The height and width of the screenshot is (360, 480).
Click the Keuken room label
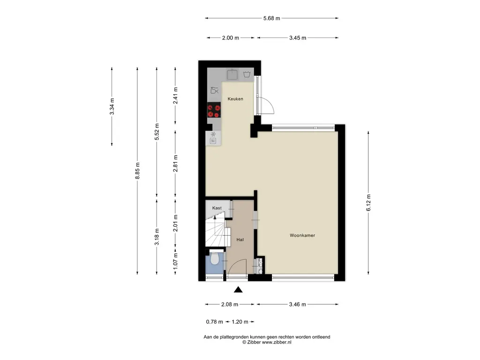coord(235,99)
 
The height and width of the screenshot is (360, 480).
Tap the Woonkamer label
coord(302,235)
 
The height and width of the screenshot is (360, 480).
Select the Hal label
coord(240,240)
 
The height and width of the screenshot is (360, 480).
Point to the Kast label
coord(217,208)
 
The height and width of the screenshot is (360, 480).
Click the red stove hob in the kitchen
coord(214,111)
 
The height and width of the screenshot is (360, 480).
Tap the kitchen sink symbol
coord(232,75)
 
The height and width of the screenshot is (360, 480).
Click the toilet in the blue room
coord(215,258)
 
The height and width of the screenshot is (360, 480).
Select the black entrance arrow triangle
coord(238,290)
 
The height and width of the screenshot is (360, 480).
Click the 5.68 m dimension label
coord(271,18)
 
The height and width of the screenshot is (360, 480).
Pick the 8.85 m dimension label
coord(137,171)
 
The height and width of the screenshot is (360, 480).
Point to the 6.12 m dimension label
coord(368,202)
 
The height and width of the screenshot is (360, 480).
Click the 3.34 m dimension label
coord(112,106)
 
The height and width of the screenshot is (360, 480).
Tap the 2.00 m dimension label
coord(231,38)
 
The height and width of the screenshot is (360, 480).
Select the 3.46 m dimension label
coord(298,305)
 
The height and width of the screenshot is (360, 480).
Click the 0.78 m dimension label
coord(214,322)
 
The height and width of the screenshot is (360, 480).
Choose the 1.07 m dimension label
coord(175,262)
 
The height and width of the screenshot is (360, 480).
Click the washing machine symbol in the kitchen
coord(247,75)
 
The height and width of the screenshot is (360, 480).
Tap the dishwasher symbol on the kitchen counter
coord(215,90)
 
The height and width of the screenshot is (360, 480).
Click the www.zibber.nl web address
coord(277,343)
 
